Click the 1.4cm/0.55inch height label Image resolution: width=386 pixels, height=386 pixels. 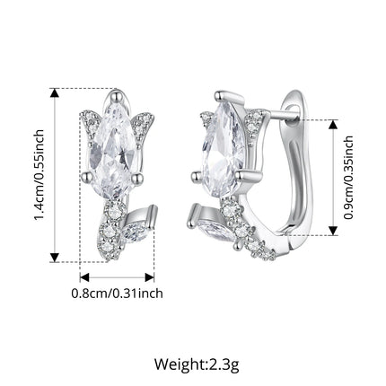pyautogui.click(x=39, y=175)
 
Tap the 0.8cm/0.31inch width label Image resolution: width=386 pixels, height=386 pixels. pyautogui.click(x=117, y=294)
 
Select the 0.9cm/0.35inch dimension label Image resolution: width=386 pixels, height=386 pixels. pyautogui.click(x=348, y=178)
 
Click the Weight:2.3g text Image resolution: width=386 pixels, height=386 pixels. pyautogui.click(x=197, y=364)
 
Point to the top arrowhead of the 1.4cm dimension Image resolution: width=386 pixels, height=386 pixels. pyautogui.click(x=54, y=93)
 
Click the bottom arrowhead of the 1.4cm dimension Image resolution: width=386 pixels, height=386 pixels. pyautogui.click(x=54, y=257)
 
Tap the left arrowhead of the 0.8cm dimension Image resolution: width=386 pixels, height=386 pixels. pyautogui.click(x=84, y=277)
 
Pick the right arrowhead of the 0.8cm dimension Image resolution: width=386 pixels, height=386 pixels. pyautogui.click(x=149, y=277)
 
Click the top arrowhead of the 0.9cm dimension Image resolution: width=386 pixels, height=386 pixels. pyautogui.click(x=333, y=125)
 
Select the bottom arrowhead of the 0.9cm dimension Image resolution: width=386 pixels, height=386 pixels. pyautogui.click(x=333, y=231)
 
